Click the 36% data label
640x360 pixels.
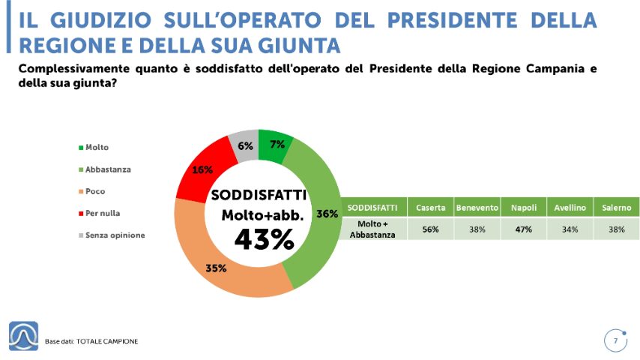327,214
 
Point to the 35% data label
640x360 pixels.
216,268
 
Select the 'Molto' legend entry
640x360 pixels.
93,148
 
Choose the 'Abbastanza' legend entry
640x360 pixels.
104,169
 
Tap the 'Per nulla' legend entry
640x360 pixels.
100,213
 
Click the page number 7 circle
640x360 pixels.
615,341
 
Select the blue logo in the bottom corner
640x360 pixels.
24,336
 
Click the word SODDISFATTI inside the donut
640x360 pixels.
259,195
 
